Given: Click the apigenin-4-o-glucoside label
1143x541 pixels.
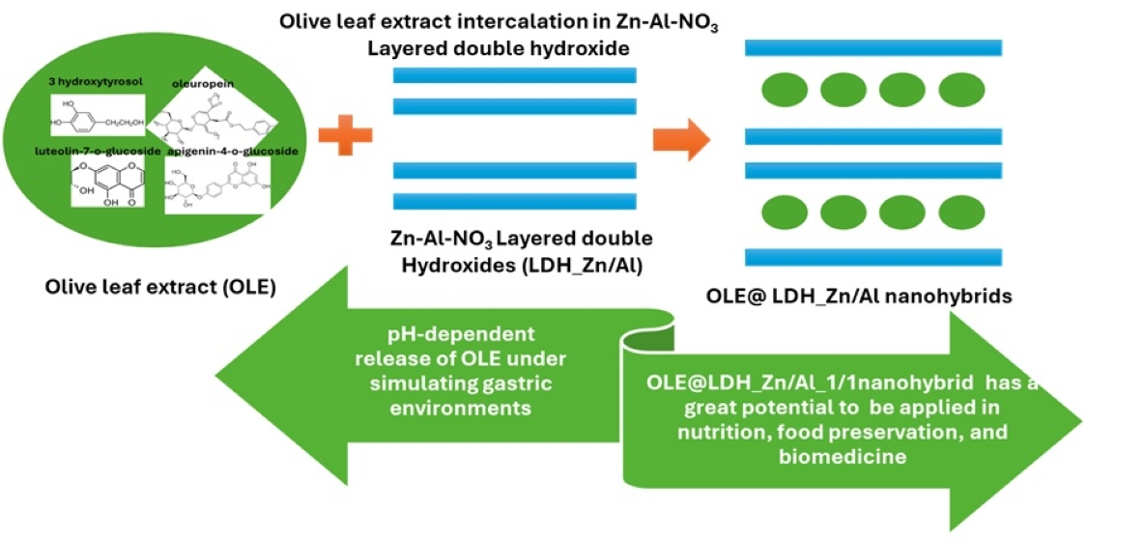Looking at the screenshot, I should point(232,151).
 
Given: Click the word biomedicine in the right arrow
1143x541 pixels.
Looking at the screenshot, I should point(843,456).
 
